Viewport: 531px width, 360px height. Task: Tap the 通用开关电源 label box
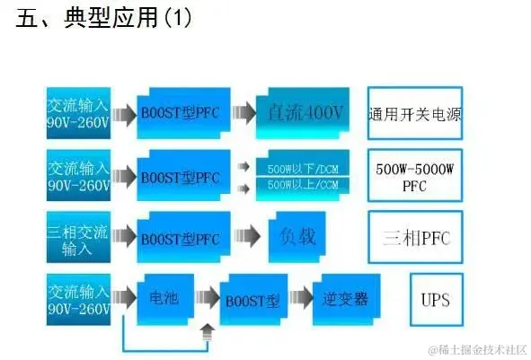pyautogui.click(x=415, y=114)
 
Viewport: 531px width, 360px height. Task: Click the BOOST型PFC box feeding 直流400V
pyautogui.click(x=180, y=114)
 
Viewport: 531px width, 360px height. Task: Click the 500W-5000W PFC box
pyautogui.click(x=415, y=177)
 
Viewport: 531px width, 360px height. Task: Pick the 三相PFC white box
pyautogui.click(x=415, y=239)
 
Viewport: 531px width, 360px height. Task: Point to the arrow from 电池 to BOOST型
pyautogui.click(x=208, y=297)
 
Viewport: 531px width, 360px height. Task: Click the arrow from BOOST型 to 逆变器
pyautogui.click(x=299, y=297)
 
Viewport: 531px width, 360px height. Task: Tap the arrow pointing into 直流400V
pyautogui.click(x=240, y=114)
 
